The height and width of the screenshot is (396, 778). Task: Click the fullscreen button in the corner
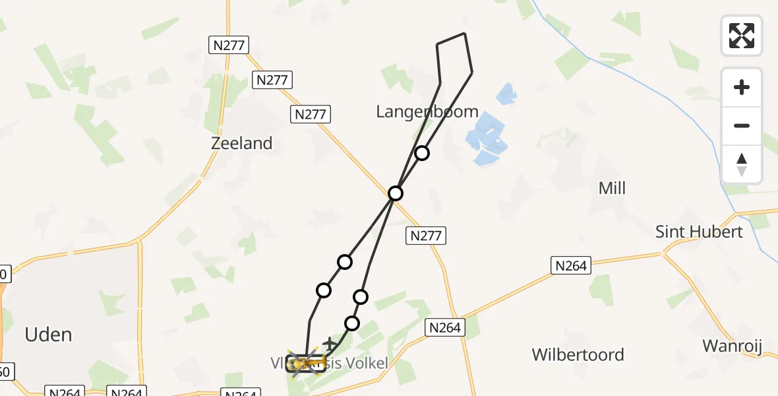point(742,36)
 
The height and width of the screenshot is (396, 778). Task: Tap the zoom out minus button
point(742,125)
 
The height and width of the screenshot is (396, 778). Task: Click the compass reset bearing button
point(742,164)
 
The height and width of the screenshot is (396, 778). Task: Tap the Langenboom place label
point(427,112)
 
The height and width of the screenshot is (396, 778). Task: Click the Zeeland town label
point(241,143)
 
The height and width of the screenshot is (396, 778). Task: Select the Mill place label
point(611,189)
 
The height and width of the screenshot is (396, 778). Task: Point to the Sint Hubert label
point(699,232)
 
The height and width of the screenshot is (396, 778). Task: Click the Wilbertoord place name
point(578,354)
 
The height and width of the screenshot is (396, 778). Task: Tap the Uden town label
point(48,335)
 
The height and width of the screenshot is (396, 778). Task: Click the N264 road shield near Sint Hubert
point(571,265)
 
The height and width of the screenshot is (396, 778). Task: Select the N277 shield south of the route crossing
point(427,235)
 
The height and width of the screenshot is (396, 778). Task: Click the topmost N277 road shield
point(229,45)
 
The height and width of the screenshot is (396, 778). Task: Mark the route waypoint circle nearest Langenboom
point(422,153)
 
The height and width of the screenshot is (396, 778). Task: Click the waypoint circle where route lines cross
point(396,193)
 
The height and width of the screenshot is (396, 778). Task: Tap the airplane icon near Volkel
point(330,344)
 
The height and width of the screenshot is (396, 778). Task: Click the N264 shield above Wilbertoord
point(445,327)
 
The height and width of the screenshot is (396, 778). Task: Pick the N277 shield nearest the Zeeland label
point(311,114)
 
